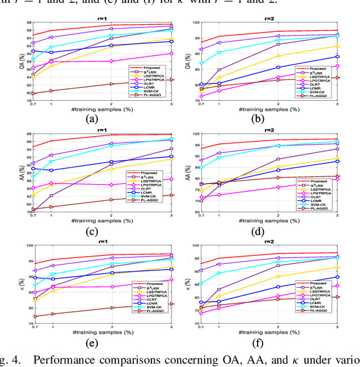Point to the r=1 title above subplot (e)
click(102, 241)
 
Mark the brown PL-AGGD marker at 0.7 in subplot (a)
click(33, 93)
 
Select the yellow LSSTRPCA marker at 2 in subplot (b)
click(278, 56)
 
